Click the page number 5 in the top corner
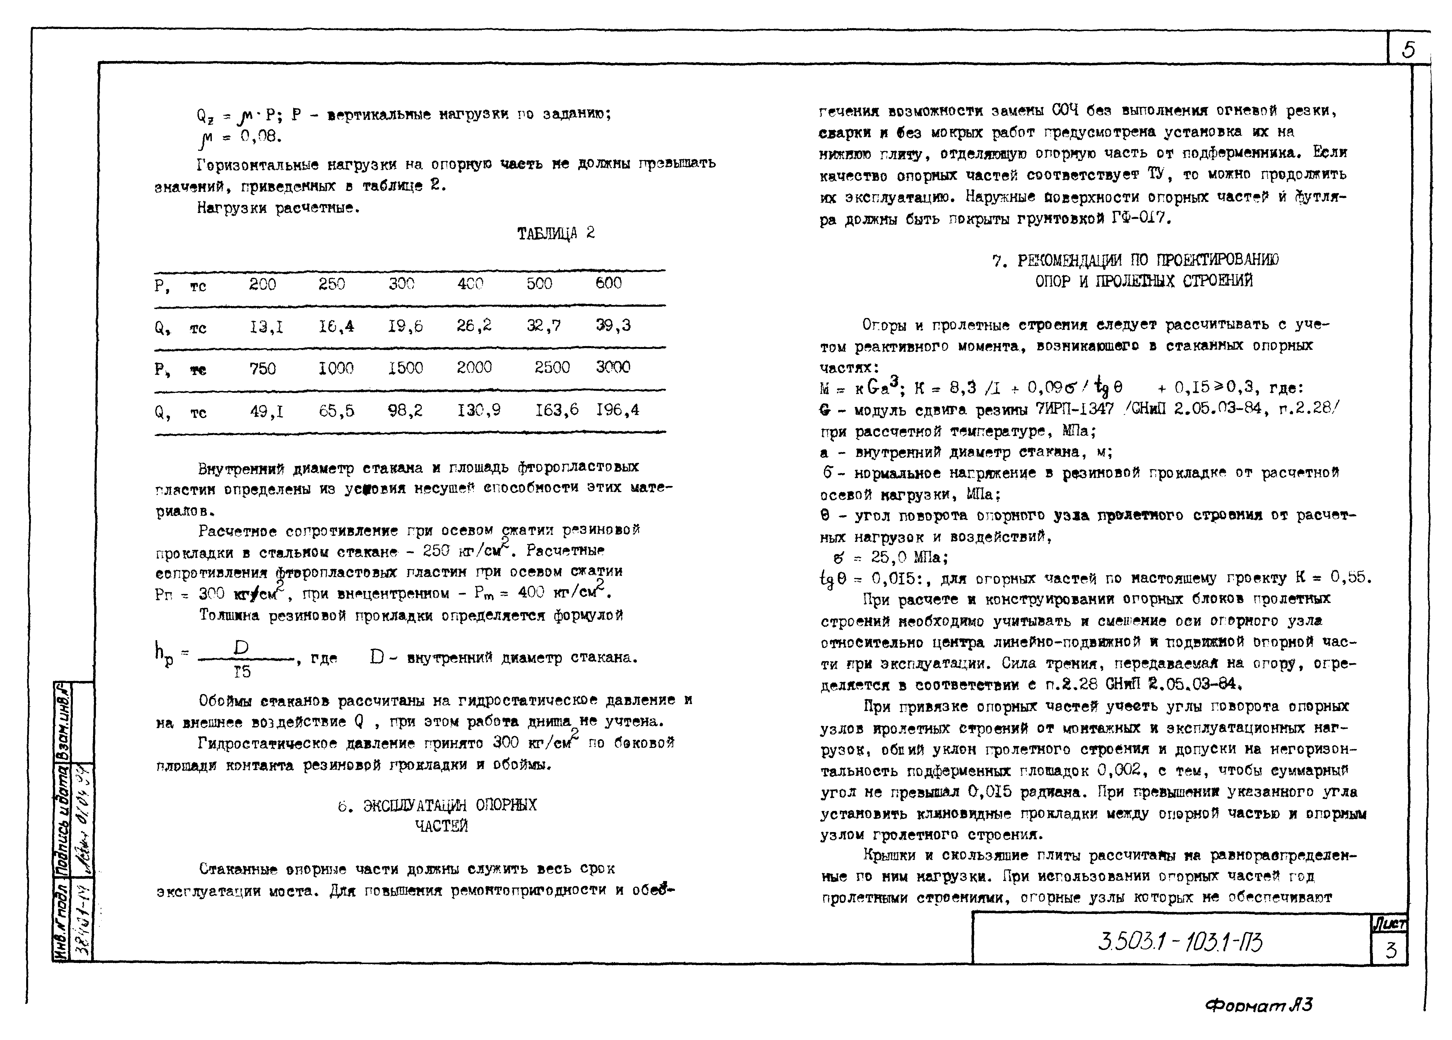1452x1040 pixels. [x=1408, y=49]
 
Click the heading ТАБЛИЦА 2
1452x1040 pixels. [x=556, y=233]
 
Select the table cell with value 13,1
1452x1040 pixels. [x=266, y=327]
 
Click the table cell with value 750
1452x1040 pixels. [x=262, y=368]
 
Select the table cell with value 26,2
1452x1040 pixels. [x=474, y=326]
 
